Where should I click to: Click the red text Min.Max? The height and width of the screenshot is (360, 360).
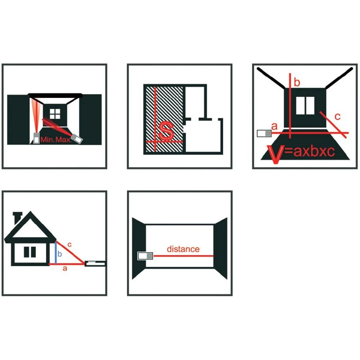(56, 140)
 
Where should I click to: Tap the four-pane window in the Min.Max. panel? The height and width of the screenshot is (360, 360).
(55, 114)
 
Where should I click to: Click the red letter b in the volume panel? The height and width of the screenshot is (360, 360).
(297, 82)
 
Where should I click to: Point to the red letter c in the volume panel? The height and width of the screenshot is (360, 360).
(338, 117)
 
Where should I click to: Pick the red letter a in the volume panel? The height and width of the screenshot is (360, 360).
(274, 126)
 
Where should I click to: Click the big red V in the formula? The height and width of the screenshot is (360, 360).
(276, 154)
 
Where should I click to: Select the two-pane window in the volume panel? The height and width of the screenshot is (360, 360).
(305, 105)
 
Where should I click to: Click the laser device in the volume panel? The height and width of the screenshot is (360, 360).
(264, 134)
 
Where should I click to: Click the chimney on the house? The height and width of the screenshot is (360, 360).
(17, 218)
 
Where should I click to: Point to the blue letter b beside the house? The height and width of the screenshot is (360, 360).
(60, 254)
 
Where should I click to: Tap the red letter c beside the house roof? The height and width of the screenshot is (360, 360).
(69, 245)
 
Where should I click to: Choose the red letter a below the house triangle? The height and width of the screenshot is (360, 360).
(65, 268)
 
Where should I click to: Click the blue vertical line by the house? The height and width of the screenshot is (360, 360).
(56, 253)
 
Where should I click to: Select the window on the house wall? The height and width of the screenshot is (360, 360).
(30, 252)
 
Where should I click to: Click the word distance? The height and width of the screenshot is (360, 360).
(183, 249)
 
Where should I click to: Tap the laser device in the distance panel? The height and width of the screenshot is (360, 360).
(145, 256)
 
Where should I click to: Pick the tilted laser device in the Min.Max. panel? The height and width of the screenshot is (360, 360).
(77, 139)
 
